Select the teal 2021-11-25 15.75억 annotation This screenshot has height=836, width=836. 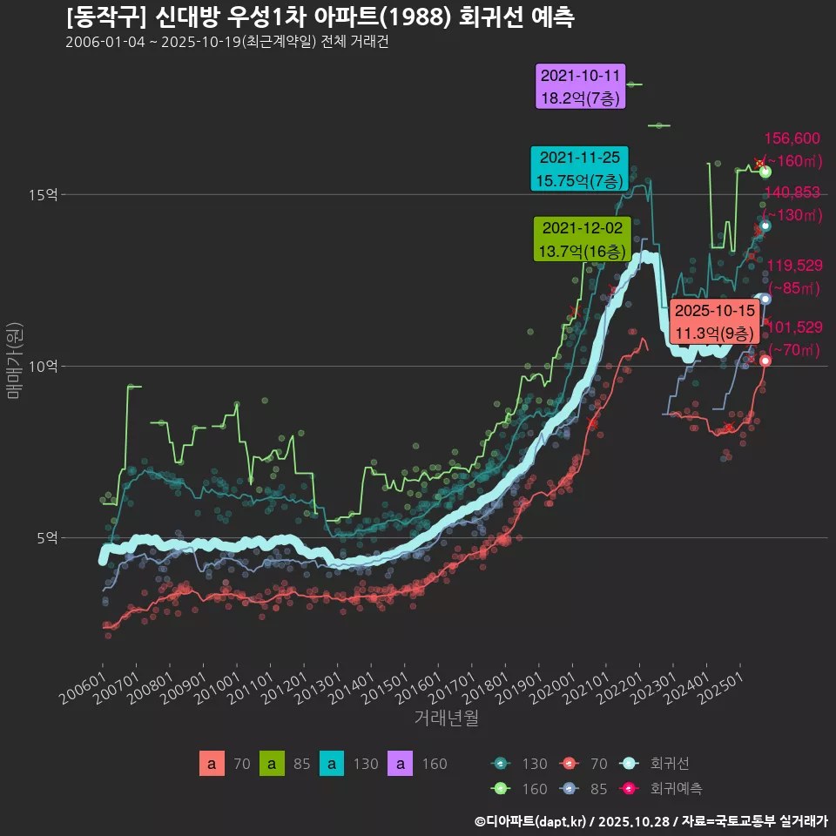tap(580, 169)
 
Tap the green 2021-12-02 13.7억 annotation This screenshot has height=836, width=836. tap(582, 239)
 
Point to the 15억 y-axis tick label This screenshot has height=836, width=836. tap(44, 195)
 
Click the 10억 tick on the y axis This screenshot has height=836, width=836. tap(44, 367)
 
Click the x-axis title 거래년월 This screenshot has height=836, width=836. tap(446, 718)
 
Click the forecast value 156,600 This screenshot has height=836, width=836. tap(792, 138)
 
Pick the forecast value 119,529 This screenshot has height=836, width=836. tap(793, 266)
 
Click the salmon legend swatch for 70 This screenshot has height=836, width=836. tap(212, 764)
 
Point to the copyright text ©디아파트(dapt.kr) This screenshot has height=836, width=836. tap(531, 821)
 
